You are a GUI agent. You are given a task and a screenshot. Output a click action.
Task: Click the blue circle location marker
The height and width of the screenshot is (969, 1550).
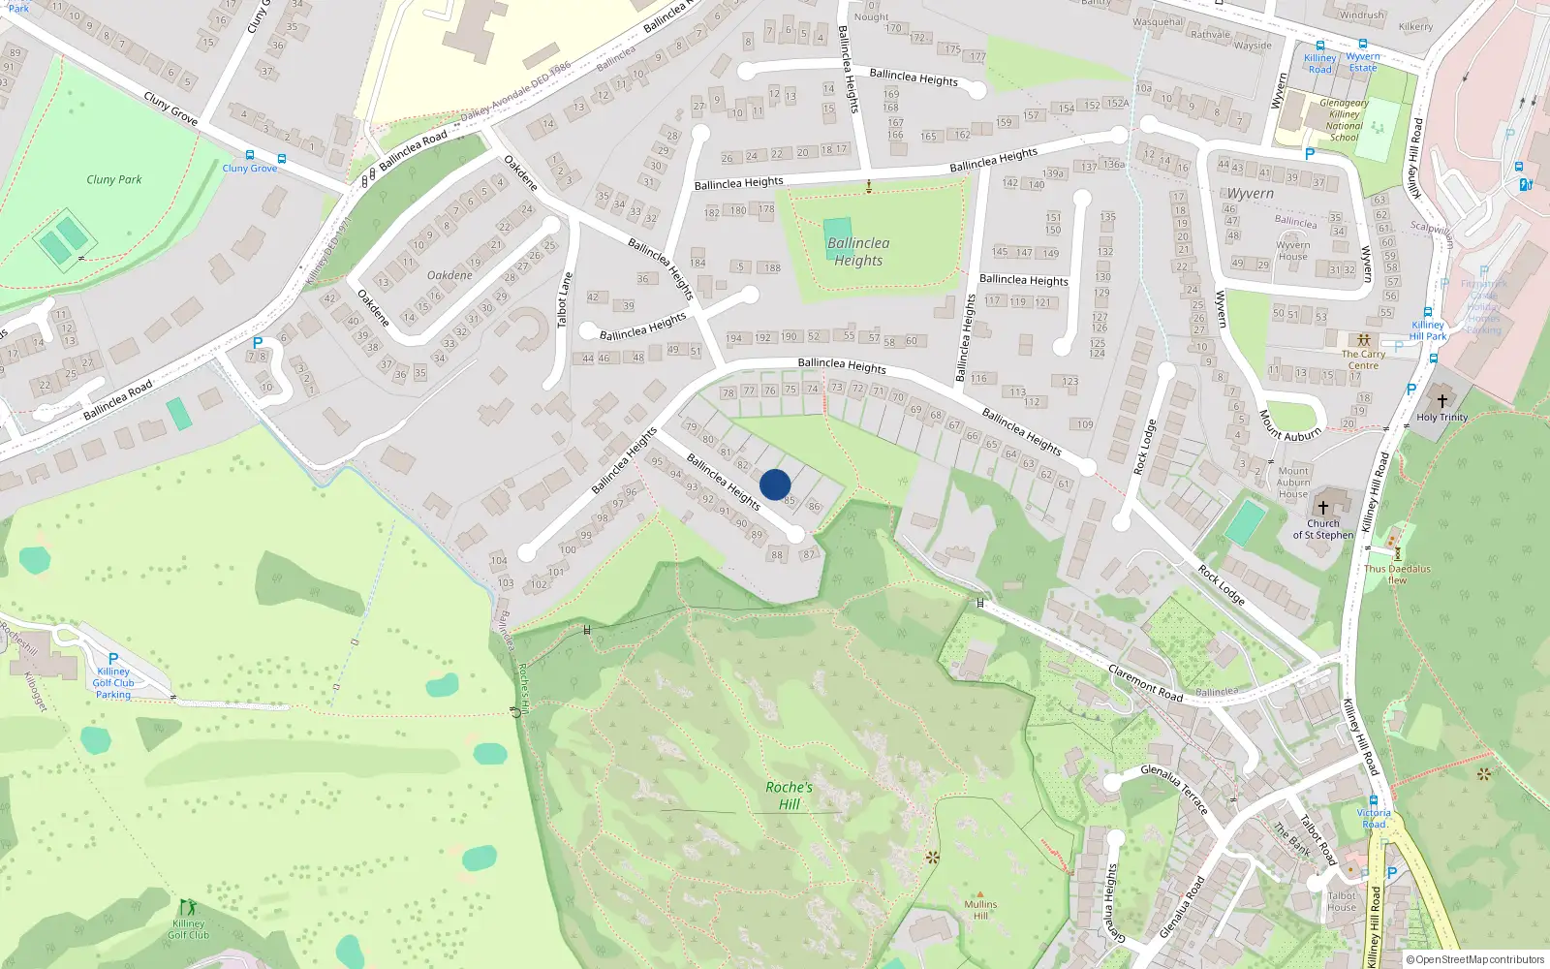[x=775, y=484]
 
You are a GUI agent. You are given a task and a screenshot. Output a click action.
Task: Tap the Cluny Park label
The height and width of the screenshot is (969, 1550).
[x=114, y=179]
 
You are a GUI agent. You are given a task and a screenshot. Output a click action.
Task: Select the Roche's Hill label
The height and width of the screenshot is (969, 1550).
[x=789, y=796]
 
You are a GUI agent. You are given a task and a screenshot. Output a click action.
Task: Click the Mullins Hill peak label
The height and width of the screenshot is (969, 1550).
[x=980, y=910]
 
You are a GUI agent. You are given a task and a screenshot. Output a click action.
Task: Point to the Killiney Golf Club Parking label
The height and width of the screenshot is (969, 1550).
[x=113, y=682]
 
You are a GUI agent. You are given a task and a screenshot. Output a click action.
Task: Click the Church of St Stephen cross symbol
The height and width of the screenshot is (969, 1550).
[x=1323, y=508]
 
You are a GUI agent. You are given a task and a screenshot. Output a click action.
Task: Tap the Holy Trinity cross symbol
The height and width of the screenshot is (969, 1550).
[x=1441, y=400]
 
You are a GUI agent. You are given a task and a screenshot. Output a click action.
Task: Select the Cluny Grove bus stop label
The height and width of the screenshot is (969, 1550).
[x=250, y=168]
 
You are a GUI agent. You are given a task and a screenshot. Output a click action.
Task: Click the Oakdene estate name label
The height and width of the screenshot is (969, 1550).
[x=449, y=275]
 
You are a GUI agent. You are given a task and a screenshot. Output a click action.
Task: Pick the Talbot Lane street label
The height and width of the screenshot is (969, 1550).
[x=564, y=299]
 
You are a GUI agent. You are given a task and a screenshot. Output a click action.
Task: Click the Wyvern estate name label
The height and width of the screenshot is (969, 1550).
[x=1251, y=194]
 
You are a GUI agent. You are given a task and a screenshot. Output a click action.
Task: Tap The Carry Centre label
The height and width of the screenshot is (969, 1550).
[x=1363, y=359]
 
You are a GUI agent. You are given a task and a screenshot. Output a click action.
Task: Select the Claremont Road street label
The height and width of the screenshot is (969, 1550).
[x=1145, y=682]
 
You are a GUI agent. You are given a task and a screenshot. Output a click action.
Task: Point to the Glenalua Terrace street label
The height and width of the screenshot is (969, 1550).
[x=1174, y=788]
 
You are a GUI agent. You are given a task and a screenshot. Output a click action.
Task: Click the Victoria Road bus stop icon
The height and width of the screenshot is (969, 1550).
[x=1373, y=800]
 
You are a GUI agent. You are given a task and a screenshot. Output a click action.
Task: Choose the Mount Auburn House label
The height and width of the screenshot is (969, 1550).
[x=1293, y=483]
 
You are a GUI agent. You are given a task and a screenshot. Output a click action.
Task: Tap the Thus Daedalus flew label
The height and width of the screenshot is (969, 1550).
[x=1397, y=574]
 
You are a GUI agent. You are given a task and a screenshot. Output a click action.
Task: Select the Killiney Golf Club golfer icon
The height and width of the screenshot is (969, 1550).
[x=188, y=907]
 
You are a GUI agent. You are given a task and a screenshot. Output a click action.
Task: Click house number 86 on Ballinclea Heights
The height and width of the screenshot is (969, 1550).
[x=814, y=506]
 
